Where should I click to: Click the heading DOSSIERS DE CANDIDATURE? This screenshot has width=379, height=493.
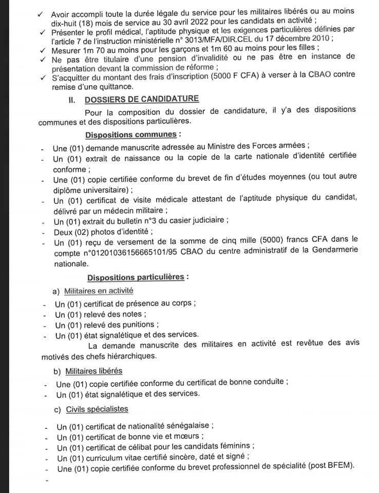point(142,99)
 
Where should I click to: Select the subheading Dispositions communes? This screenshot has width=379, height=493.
point(131,135)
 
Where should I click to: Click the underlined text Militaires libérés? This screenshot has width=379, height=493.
point(94,371)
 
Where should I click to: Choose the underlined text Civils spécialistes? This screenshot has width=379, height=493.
point(97,409)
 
